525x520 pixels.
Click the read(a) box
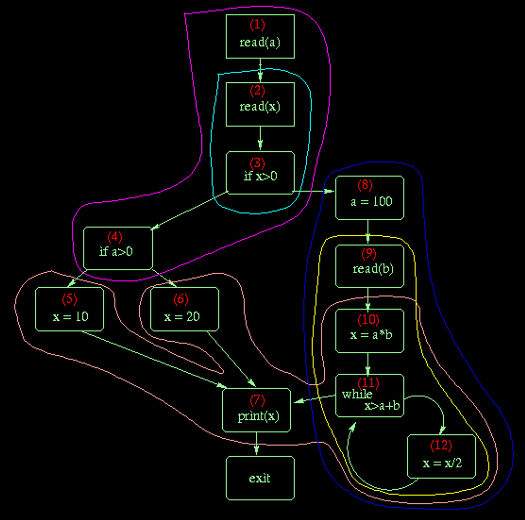click(x=260, y=36)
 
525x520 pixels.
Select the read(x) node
click(x=260, y=104)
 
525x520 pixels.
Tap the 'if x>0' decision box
click(x=260, y=173)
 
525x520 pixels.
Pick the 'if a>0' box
click(x=118, y=248)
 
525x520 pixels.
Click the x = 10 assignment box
click(x=69, y=309)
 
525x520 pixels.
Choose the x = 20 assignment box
click(x=185, y=309)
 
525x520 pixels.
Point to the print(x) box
click(x=256, y=410)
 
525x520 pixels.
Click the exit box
click(x=260, y=478)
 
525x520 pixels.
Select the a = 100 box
click(x=370, y=198)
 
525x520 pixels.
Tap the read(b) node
click(x=370, y=266)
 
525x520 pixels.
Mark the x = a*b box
click(x=370, y=331)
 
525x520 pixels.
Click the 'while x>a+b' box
click(x=370, y=395)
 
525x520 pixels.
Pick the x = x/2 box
click(x=441, y=456)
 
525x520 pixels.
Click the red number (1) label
click(x=257, y=24)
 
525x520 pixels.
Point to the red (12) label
click(x=441, y=445)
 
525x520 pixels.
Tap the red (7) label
click(x=257, y=400)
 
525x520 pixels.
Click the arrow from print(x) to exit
click(x=256, y=444)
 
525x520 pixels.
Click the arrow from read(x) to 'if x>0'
click(x=260, y=139)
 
